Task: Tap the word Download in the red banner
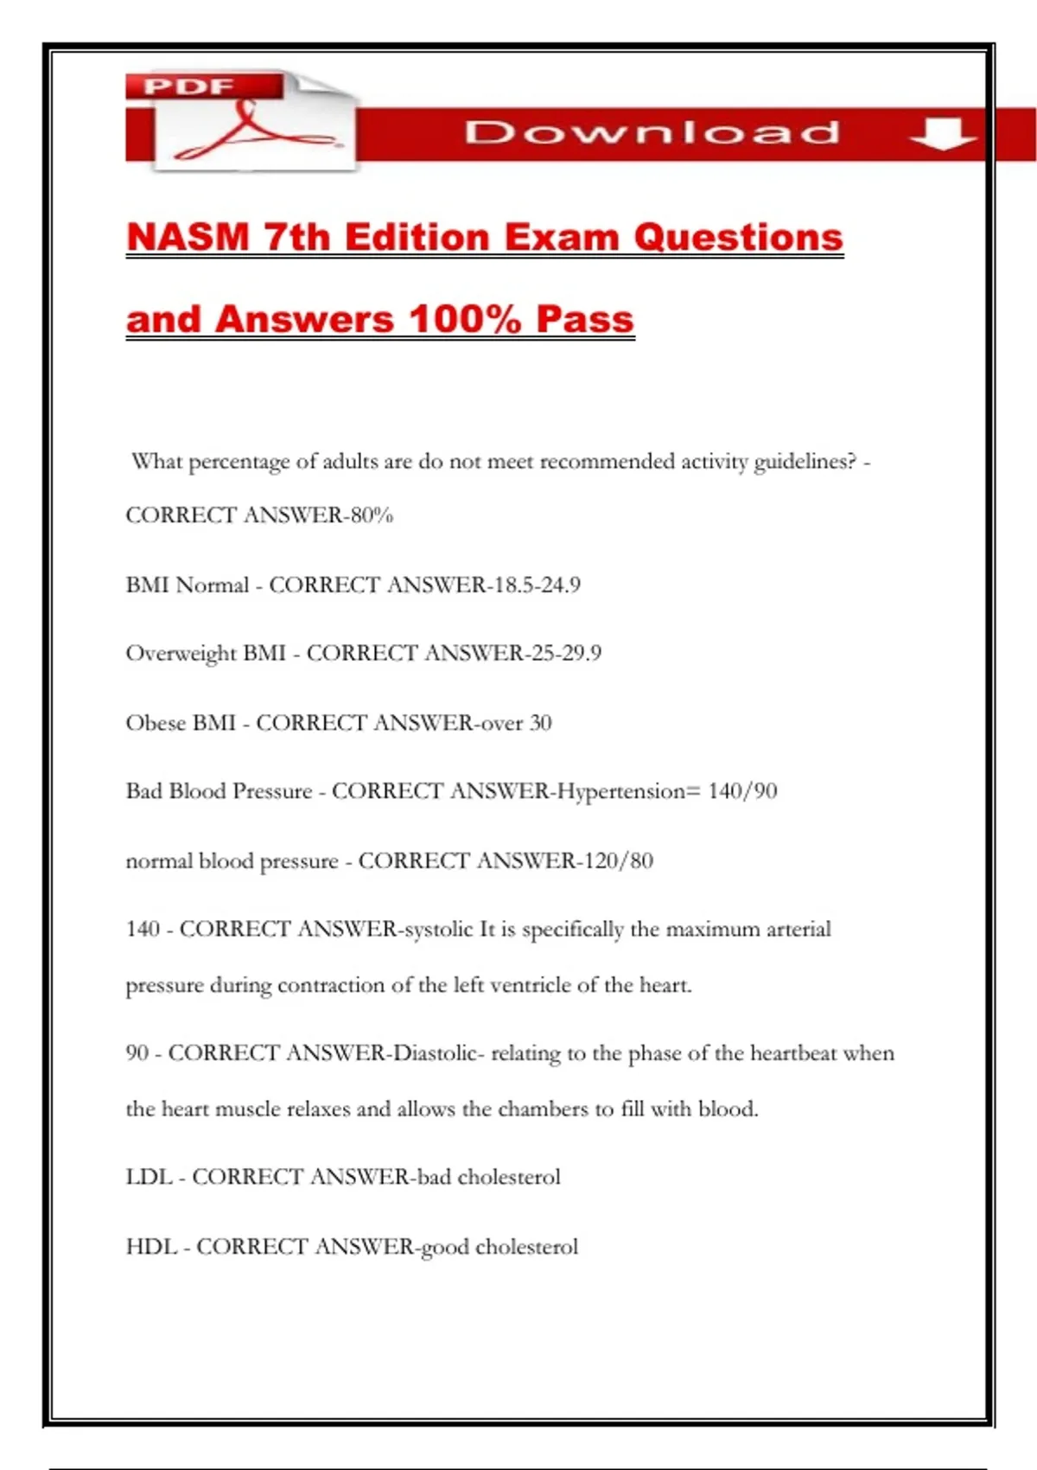[x=652, y=132]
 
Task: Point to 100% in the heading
[x=465, y=319]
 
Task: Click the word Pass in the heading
[x=585, y=319]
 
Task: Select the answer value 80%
[x=372, y=515]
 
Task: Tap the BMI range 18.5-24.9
[x=537, y=585]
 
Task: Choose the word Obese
[x=156, y=723]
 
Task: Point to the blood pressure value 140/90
[x=742, y=791]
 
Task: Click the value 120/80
[x=618, y=861]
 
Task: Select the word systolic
[x=438, y=930]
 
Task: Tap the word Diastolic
[x=436, y=1053]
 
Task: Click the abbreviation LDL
[x=149, y=1177]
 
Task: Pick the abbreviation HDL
[x=150, y=1247]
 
